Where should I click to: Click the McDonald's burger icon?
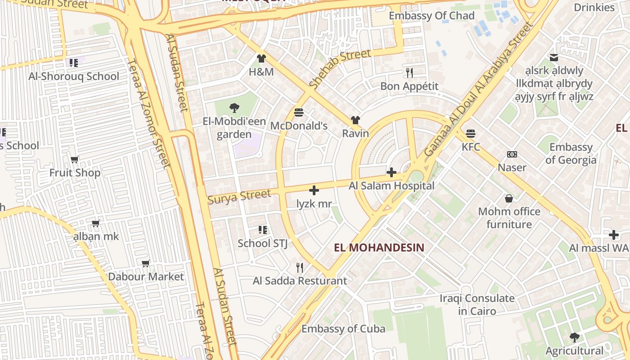(299, 112)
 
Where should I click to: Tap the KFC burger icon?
(471, 133)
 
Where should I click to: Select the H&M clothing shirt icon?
(261, 58)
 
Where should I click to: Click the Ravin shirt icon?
(355, 120)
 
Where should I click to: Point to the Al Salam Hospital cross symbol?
(391, 172)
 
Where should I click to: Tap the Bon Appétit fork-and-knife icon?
(409, 72)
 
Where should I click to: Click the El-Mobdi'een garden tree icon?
(234, 108)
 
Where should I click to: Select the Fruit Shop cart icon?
(75, 159)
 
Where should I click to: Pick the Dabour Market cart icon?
(146, 263)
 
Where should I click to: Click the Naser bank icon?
(512, 154)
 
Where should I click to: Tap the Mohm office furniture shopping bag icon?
(509, 198)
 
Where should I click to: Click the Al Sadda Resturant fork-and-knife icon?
(300, 268)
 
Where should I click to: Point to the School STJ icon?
(263, 230)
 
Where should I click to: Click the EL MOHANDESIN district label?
(379, 247)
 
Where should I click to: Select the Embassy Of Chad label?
(432, 16)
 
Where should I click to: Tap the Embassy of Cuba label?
(343, 328)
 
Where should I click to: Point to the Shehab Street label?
(340, 69)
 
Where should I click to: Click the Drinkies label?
(594, 7)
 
